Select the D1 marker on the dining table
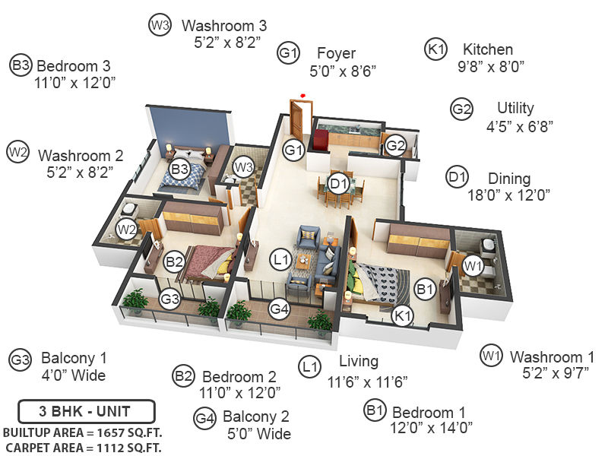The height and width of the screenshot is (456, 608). (x=338, y=183)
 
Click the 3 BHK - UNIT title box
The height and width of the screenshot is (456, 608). (x=85, y=412)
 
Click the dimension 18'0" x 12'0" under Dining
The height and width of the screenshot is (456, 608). (x=508, y=195)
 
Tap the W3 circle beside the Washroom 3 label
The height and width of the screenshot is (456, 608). (x=159, y=25)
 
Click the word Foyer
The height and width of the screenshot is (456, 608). (x=336, y=54)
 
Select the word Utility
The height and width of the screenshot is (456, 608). (x=515, y=108)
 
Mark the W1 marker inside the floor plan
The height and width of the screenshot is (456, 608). (x=473, y=265)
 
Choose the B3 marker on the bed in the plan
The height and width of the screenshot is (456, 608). (x=179, y=169)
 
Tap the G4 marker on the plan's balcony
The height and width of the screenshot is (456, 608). (x=280, y=309)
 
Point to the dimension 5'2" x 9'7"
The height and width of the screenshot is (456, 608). (x=554, y=373)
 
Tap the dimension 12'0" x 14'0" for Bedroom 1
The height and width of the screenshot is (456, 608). (x=432, y=428)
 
